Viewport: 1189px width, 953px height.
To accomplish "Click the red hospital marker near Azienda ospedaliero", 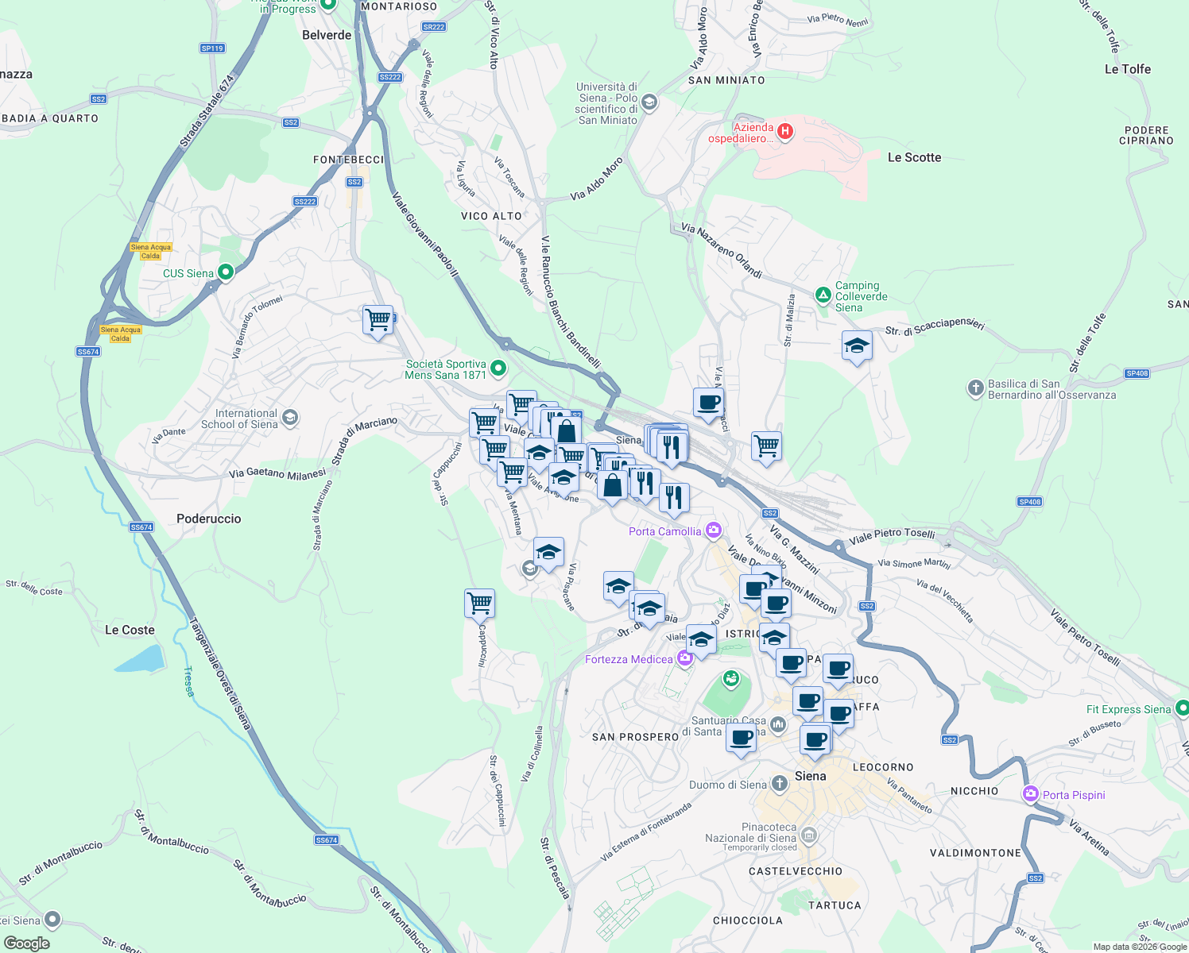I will [x=785, y=131].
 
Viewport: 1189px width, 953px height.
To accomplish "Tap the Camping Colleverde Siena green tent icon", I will [x=823, y=295].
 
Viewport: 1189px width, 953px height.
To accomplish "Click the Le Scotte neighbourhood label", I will [x=914, y=157].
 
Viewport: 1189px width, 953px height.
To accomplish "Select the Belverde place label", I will [x=327, y=35].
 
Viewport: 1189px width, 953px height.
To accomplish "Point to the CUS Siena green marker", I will [x=226, y=272].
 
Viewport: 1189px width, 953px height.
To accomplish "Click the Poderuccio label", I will [x=208, y=519].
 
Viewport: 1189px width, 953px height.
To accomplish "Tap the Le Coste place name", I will [x=130, y=630].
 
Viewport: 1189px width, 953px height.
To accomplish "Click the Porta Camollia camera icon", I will [x=714, y=530].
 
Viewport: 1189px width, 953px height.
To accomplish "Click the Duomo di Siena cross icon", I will [x=780, y=784].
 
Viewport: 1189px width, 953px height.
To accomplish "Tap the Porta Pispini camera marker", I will [x=1031, y=794].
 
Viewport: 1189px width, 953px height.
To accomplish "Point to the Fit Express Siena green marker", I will [x=1182, y=708].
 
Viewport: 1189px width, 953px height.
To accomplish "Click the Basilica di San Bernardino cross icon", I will [x=976, y=388].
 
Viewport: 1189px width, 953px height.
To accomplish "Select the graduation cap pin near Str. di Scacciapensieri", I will [x=857, y=345].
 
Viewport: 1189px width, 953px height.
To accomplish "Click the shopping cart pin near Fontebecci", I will [x=378, y=320].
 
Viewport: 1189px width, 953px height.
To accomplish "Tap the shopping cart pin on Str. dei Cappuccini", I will [x=479, y=604].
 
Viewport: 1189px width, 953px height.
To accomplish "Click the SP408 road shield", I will [x=1137, y=373].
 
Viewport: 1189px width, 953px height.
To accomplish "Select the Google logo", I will [x=27, y=943].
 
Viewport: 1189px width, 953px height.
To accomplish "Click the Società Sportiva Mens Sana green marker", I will [x=498, y=368].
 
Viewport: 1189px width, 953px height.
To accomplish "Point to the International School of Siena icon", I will [x=290, y=418].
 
